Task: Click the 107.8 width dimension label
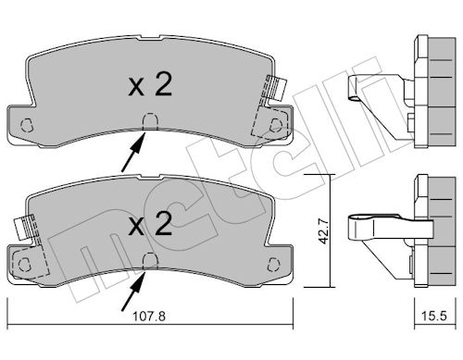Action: point(149,317)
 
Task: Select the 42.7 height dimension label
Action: point(324,231)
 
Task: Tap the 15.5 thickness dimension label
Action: point(434,317)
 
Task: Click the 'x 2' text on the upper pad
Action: point(150,85)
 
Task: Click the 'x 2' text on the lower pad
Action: point(150,224)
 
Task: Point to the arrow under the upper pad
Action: point(133,152)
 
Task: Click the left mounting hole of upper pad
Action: point(26,125)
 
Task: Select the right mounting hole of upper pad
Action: point(276,125)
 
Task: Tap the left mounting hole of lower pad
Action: point(25,265)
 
